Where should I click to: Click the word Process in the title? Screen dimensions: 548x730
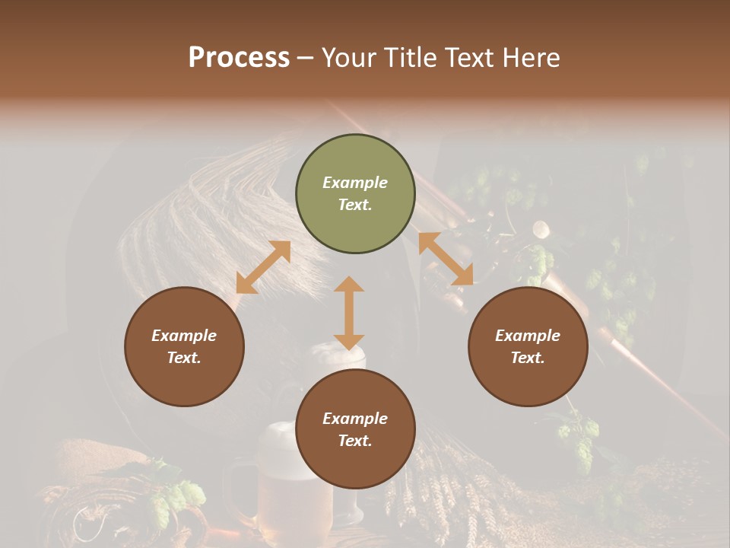[239, 57]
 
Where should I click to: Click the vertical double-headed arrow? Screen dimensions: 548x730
[349, 313]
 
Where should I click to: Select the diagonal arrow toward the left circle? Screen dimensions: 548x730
[263, 267]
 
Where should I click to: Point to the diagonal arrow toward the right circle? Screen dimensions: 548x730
[446, 259]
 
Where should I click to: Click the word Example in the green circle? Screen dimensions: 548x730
[355, 183]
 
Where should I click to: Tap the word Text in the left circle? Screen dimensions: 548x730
[184, 358]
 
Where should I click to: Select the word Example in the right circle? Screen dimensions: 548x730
[528, 336]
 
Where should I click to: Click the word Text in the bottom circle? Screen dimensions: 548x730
[355, 441]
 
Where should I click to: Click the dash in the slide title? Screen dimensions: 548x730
[306, 59]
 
